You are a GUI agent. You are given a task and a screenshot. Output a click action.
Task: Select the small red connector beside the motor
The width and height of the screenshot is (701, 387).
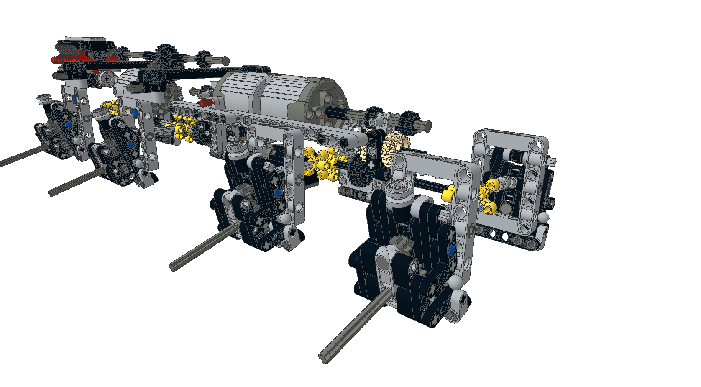click(x=205, y=103)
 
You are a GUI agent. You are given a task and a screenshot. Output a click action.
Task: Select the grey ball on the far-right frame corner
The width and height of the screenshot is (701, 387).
click(x=544, y=217)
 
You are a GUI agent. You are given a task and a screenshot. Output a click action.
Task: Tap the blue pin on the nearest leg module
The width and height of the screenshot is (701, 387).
click(x=451, y=251)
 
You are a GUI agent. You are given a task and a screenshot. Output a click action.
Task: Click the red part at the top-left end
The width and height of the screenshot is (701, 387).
click(x=54, y=60)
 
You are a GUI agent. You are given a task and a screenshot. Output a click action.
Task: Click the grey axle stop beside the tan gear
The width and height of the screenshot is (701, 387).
click(x=427, y=124)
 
